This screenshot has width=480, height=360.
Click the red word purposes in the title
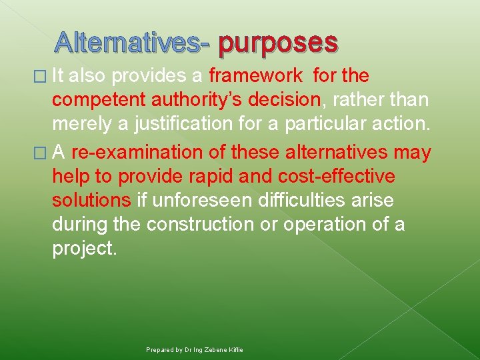point(277,43)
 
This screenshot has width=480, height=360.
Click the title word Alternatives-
point(133,43)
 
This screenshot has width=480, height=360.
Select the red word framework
point(255,76)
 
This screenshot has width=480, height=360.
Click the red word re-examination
point(137,153)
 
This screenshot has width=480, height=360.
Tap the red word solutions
point(91,201)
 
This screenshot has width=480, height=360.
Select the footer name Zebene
point(214,349)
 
